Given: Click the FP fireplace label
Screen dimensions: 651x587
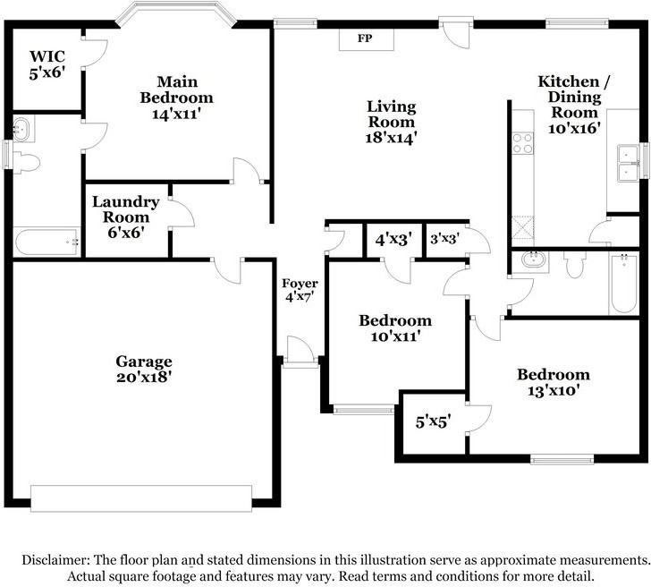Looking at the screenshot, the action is coord(365,38).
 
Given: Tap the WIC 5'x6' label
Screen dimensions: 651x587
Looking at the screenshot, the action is coord(47,64).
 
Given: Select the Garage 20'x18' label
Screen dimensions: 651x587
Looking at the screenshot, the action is coord(144,369).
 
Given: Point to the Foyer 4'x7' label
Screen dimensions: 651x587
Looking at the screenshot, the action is coord(300,290).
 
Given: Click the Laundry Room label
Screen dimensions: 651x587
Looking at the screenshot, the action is coord(126,209).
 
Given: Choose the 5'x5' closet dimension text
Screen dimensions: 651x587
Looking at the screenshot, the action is coord(434,422).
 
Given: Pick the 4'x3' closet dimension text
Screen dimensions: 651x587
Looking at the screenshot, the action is coord(393,239).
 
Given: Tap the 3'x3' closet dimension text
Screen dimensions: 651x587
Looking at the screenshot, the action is coord(445,239).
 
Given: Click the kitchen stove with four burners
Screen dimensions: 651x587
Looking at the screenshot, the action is coord(523,143).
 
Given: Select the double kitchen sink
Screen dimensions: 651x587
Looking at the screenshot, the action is coord(628,163).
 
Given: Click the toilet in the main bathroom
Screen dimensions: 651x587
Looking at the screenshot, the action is coord(26,163).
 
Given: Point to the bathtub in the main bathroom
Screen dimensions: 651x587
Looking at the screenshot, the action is coord(46,242).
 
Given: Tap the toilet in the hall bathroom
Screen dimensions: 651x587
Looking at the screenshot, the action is coord(575,265).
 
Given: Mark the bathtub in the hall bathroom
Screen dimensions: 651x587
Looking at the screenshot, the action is coord(623,284).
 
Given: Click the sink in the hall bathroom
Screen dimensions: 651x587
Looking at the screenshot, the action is coord(530,261).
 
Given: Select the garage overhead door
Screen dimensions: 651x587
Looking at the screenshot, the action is coord(141,498).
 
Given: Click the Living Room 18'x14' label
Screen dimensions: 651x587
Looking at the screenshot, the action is coord(391,122).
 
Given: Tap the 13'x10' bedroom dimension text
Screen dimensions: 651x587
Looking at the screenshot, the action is coord(554,390).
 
